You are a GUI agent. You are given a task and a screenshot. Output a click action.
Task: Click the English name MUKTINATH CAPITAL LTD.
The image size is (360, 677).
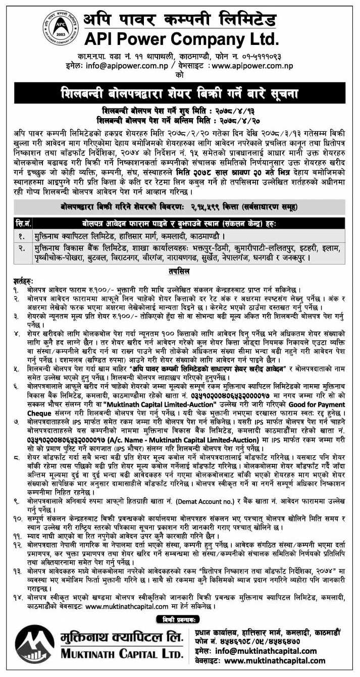tap(122, 655)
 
